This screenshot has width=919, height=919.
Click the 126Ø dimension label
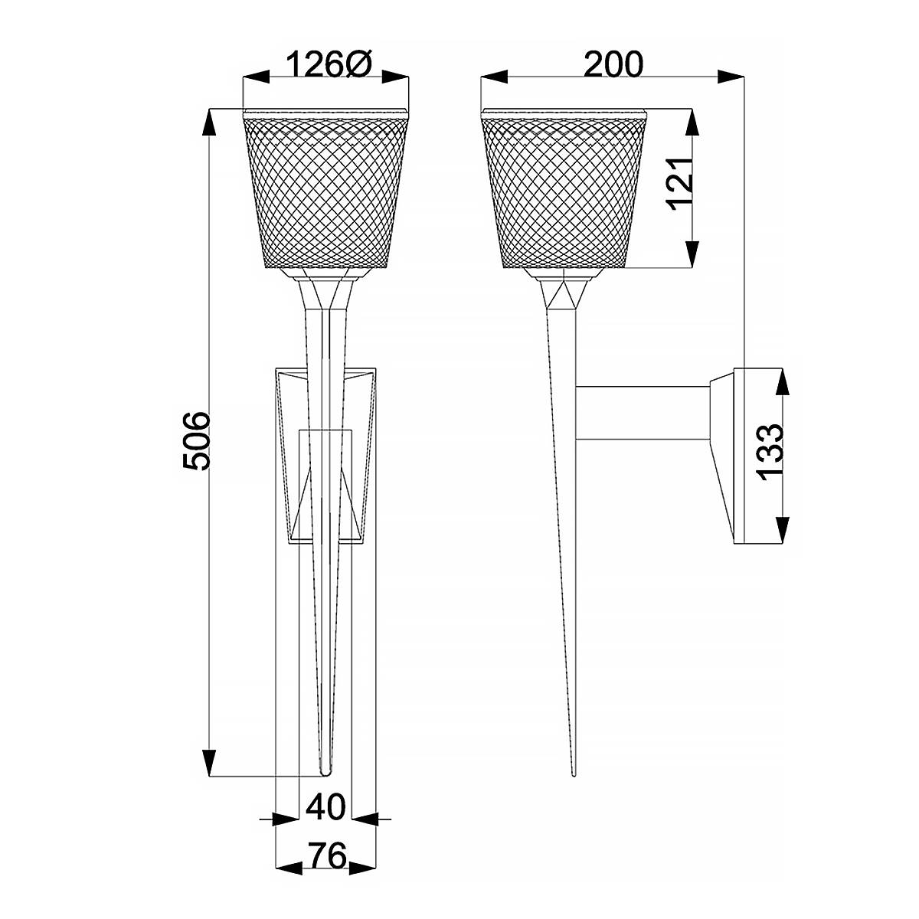tap(329, 66)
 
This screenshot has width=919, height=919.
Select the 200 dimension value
tap(613, 65)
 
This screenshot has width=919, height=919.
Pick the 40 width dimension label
tap(326, 806)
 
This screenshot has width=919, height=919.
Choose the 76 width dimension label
tap(326, 855)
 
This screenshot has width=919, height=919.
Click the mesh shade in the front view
tap(325, 191)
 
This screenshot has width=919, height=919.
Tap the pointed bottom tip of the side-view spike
tap(572, 773)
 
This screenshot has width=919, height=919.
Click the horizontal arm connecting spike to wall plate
tap(643, 413)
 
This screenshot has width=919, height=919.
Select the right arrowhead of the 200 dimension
tap(735, 76)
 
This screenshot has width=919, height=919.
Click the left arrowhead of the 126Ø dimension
tap(253, 76)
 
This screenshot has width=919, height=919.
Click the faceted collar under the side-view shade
tap(564, 293)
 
